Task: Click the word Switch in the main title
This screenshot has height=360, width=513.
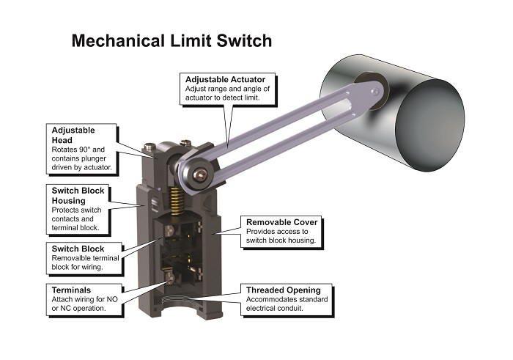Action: [x=244, y=41]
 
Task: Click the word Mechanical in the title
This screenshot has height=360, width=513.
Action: [x=118, y=41]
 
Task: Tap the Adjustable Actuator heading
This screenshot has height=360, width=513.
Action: [x=225, y=79]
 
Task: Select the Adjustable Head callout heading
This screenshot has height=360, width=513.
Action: [x=73, y=135]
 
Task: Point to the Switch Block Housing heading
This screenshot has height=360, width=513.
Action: [x=78, y=195]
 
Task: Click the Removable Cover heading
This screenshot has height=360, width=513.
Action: [x=281, y=222]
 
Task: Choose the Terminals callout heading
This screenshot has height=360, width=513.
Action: [x=71, y=290]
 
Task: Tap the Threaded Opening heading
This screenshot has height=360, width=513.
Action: [x=284, y=290]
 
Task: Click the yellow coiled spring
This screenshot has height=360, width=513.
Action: [x=177, y=201]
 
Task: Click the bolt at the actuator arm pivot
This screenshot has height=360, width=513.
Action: [x=200, y=175]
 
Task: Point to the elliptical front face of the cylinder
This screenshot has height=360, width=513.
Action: [x=430, y=125]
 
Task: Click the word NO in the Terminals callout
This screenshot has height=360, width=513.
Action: [x=112, y=299]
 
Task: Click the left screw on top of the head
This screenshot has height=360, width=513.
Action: [x=150, y=147]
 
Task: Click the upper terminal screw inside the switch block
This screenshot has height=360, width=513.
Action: [x=169, y=230]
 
